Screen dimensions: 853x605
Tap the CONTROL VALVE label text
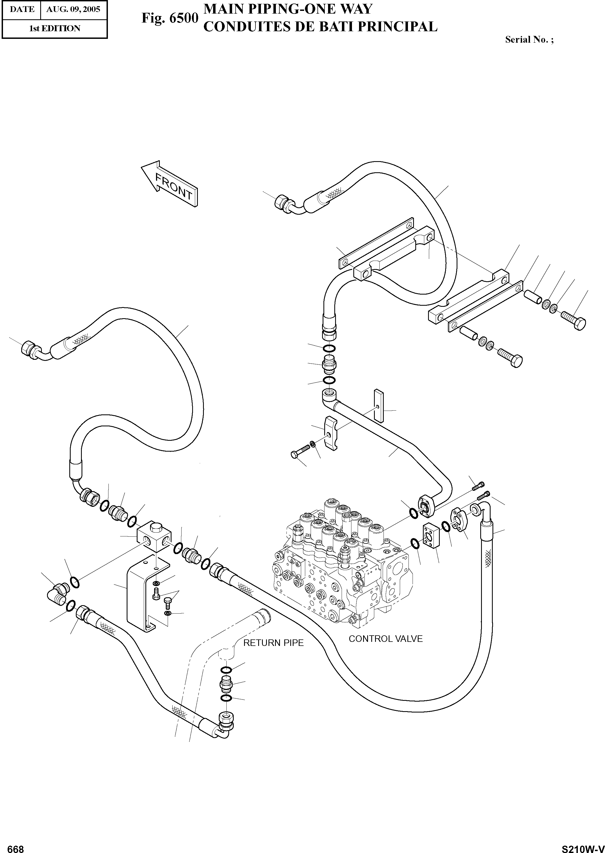(x=386, y=639)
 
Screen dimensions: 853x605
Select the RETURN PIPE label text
(x=273, y=643)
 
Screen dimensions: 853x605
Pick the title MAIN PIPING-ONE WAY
(x=288, y=9)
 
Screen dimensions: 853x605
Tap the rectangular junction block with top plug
(x=154, y=536)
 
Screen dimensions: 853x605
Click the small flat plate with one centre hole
(x=379, y=405)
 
